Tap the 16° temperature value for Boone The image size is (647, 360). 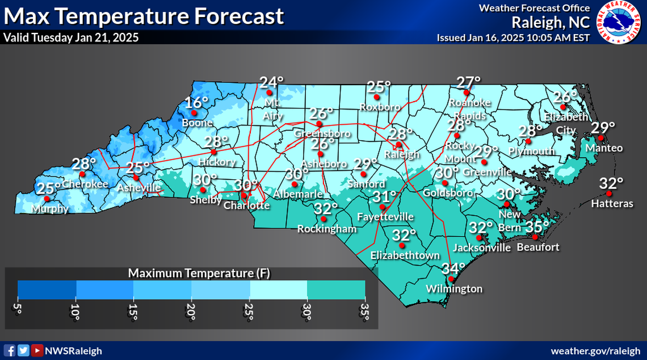pos(197,103)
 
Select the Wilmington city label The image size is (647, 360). pos(454,289)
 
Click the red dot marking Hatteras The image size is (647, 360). pos(609,194)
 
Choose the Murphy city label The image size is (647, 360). pos(50,208)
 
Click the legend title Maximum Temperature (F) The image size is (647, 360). pos(199,273)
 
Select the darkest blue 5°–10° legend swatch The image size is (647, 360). pos(47,290)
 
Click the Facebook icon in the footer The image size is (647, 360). pos(9,350)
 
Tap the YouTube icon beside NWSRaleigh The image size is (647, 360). pos(36,350)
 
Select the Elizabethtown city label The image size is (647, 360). pos(405,256)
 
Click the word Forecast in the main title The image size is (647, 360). pos(239,16)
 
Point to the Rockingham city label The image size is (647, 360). pos(327,229)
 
